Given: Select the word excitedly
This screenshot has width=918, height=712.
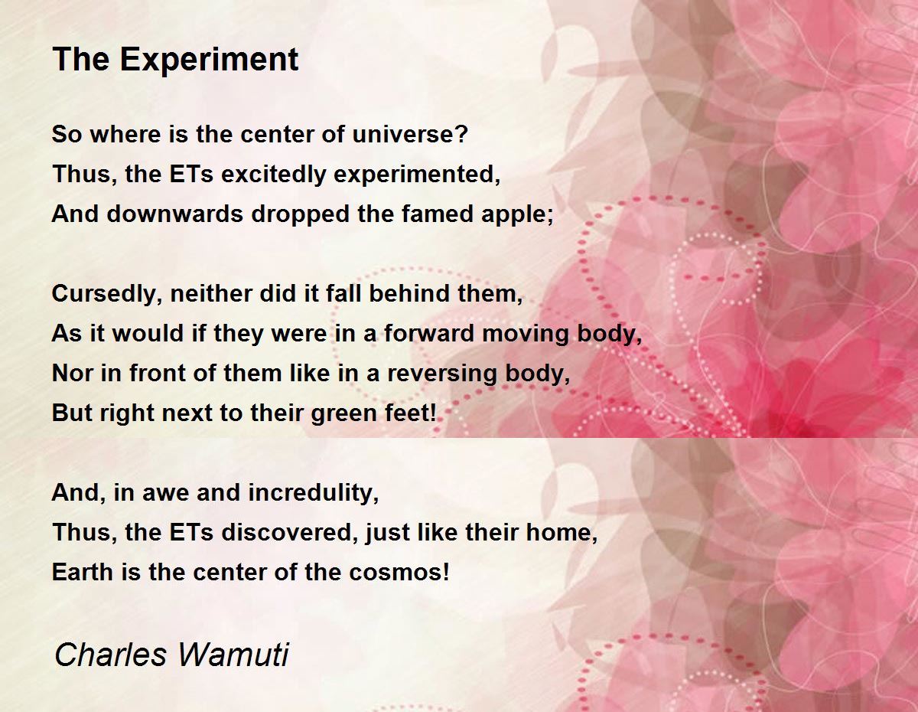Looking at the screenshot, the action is [x=274, y=175].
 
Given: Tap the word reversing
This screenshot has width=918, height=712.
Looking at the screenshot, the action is [x=442, y=374].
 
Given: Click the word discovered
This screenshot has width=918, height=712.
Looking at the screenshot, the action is [x=286, y=532].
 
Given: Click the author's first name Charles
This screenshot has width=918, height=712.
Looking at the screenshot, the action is [x=111, y=655].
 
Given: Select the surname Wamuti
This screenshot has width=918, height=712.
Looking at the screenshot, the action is [x=233, y=655].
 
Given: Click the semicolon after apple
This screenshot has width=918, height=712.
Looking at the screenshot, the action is [x=549, y=217].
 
